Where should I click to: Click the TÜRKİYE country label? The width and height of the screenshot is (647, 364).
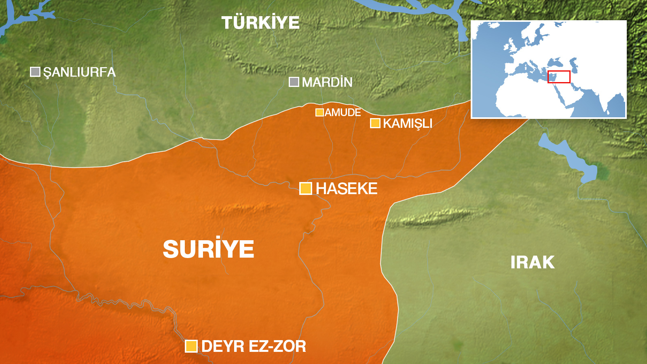(260, 23)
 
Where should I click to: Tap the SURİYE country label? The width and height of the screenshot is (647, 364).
(208, 249)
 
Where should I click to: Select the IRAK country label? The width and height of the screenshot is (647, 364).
(532, 262)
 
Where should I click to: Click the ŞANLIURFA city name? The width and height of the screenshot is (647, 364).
(79, 72)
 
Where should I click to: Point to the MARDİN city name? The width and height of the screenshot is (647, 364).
(327, 83)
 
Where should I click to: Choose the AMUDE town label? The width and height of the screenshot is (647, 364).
(343, 112)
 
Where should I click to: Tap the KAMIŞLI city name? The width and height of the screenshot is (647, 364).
(408, 123)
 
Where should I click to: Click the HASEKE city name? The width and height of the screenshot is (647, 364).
(347, 188)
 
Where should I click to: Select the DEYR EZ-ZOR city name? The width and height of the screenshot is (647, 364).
(254, 346)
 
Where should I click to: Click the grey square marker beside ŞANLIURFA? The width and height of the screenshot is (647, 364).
(35, 72)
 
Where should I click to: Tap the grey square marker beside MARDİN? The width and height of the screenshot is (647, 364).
(294, 82)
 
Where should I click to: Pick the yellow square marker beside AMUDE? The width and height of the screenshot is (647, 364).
(319, 112)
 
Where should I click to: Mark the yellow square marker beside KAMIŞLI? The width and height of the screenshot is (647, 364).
(375, 123)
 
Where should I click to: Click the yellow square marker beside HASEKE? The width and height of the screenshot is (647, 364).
(306, 188)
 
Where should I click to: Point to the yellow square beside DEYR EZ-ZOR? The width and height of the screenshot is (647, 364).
(191, 346)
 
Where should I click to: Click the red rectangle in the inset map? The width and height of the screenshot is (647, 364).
(559, 77)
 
